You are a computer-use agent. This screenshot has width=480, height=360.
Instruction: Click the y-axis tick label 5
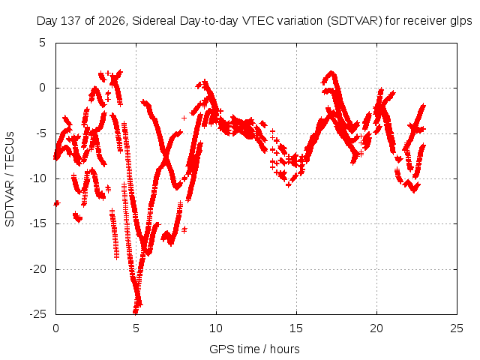tap(42, 43)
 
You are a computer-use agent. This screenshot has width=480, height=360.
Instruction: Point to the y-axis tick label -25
tap(37, 314)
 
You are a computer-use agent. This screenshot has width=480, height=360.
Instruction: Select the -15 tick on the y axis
tap(37, 223)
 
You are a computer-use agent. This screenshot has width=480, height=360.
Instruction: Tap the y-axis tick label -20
tap(37, 269)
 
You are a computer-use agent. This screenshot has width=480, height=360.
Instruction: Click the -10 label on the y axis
tap(37, 178)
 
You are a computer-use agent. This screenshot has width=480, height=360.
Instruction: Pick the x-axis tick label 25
tap(457, 328)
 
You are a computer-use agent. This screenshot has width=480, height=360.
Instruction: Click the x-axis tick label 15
tap(296, 328)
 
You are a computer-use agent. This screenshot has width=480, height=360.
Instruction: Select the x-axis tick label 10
tap(216, 328)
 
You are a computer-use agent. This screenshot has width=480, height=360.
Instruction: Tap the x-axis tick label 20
tap(376, 328)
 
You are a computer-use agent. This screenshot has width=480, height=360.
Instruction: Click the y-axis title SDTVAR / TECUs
tap(10, 179)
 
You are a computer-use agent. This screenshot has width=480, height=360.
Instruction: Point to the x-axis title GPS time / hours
tap(254, 349)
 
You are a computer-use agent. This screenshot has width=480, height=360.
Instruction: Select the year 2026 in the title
tap(112, 21)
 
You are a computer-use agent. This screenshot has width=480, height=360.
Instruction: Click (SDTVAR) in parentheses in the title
tap(355, 21)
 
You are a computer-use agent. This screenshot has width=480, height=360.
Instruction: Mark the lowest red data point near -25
tap(135, 311)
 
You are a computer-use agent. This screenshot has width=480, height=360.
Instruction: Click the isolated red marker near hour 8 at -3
tap(184, 118)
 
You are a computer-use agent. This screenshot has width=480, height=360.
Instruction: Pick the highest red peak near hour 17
tap(331, 73)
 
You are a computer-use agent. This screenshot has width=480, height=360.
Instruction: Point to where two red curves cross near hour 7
tap(166, 157)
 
